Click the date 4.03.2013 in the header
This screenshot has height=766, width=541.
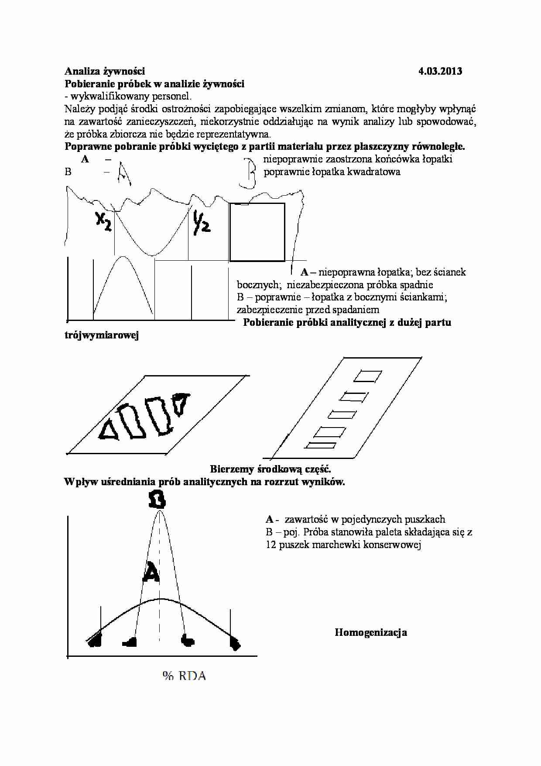click(440, 71)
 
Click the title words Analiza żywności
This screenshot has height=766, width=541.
click(105, 71)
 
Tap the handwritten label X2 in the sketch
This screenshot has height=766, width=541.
click(103, 222)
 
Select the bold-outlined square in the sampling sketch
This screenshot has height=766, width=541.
click(257, 232)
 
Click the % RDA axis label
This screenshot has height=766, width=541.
click(184, 676)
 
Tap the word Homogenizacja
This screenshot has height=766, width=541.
click(371, 632)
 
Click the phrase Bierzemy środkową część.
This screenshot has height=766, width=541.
click(270, 469)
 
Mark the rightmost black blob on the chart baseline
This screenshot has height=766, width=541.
click(235, 643)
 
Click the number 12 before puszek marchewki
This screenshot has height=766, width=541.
click(271, 545)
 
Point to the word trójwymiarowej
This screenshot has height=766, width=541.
click(101, 335)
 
